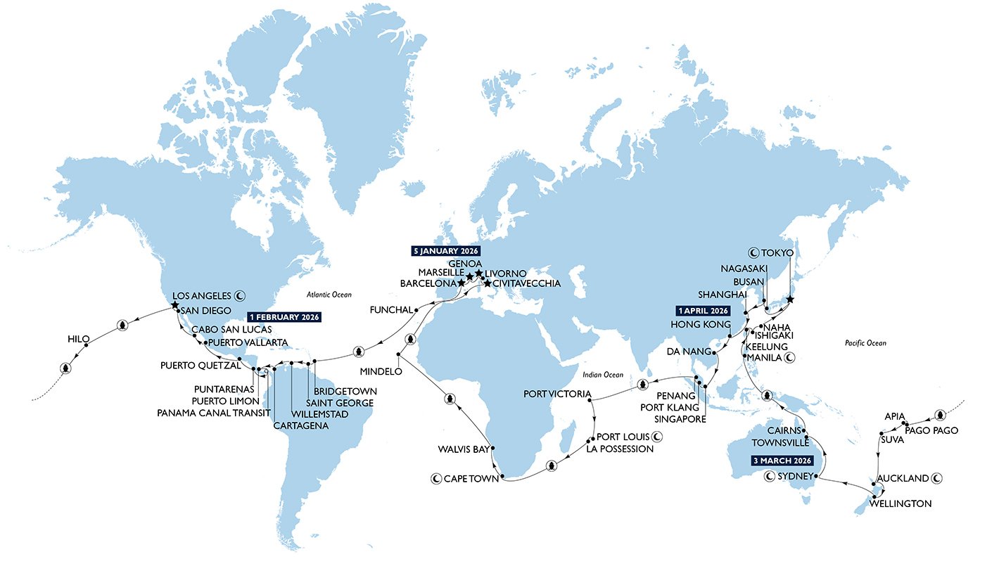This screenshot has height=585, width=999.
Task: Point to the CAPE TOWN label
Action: point(470,479)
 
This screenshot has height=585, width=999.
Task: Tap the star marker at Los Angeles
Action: point(174,305)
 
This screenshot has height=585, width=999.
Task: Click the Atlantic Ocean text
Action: point(329,295)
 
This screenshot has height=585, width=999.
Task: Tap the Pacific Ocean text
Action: point(866,343)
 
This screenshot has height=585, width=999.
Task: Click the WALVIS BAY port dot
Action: point(494,448)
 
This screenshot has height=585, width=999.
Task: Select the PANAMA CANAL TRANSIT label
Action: point(213,413)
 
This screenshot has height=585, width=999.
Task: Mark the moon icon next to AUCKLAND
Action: point(937,478)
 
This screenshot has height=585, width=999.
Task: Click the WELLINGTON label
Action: point(901,504)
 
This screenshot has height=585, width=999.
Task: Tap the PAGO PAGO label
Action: point(931,430)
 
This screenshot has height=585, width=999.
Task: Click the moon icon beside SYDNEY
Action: point(770,476)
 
